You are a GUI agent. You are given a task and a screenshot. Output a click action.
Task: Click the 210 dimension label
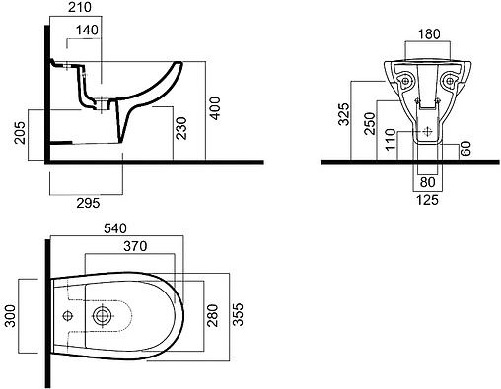click(x=79, y=7)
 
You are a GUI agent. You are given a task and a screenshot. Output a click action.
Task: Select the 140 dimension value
click(x=87, y=31)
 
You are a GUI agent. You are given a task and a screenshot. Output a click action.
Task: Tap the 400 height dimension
click(x=215, y=108)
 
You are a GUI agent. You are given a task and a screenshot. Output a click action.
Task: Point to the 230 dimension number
click(x=181, y=128)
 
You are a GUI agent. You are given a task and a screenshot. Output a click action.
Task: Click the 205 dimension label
click(x=20, y=133)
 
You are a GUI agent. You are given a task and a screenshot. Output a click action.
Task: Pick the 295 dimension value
click(x=88, y=203)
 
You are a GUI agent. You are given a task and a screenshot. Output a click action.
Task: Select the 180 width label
click(x=429, y=34)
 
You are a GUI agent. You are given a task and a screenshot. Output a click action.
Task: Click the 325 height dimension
click(x=345, y=114)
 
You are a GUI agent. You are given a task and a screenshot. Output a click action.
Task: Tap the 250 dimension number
click(x=370, y=123)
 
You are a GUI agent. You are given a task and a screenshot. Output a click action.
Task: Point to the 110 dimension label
click(x=391, y=140)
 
